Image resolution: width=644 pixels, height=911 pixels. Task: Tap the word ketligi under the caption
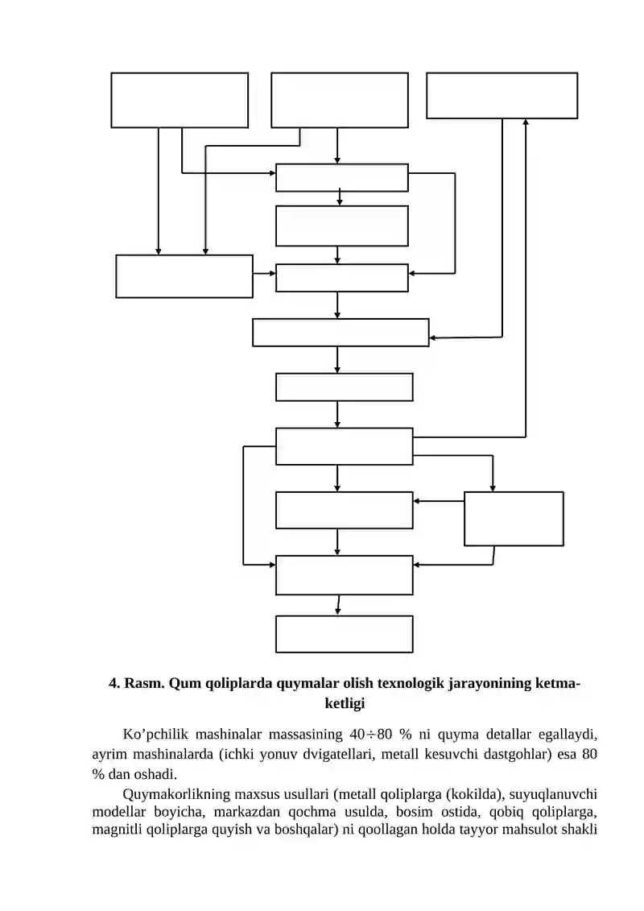pos(345,703)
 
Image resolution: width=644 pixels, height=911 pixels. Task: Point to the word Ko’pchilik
pos(155,735)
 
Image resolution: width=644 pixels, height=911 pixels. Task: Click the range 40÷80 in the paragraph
pos(372,735)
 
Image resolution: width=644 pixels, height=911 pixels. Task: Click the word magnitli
pos(117,830)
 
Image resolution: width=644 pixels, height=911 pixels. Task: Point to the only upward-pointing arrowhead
pos(526,122)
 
